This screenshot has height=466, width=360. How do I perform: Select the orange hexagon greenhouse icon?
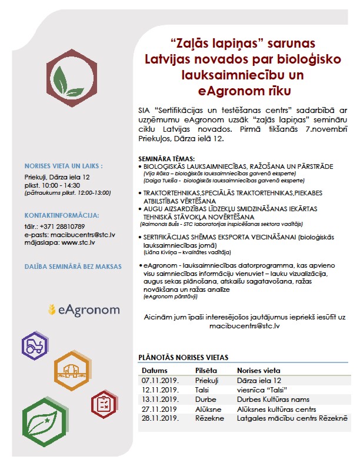[x=72, y=370]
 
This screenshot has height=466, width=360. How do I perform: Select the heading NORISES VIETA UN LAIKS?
[x=63, y=166]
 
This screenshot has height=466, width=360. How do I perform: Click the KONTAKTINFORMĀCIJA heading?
[x=62, y=215]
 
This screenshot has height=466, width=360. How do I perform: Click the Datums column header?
[x=154, y=371]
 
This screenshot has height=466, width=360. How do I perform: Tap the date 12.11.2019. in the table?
[x=159, y=390]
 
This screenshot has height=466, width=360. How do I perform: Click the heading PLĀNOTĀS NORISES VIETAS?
[x=183, y=357]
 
